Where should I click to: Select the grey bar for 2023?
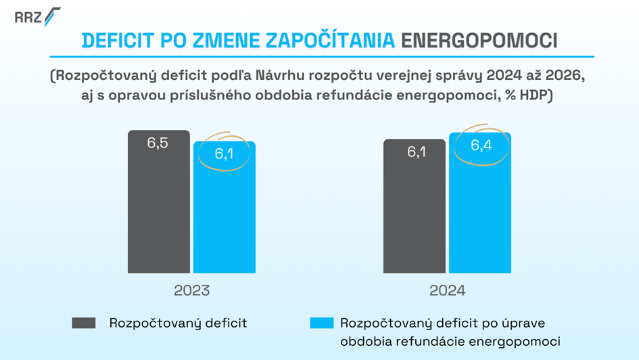(159, 203)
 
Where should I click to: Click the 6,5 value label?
(158, 143)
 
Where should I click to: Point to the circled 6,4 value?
(480, 145)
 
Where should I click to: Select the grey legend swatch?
(83, 323)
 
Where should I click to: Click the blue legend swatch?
(321, 323)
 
